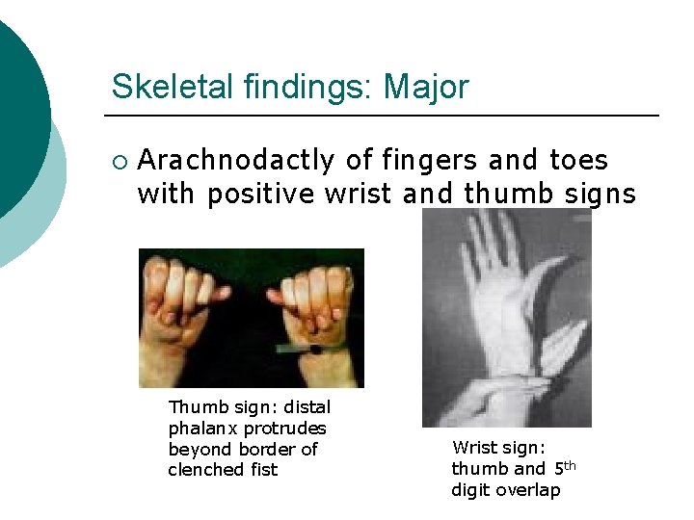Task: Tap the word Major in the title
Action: (426, 87)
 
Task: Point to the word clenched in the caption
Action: (207, 470)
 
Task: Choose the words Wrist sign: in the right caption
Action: (498, 448)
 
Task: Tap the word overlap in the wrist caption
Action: (528, 490)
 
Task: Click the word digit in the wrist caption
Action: (471, 490)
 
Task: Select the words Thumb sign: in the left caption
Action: (227, 406)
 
